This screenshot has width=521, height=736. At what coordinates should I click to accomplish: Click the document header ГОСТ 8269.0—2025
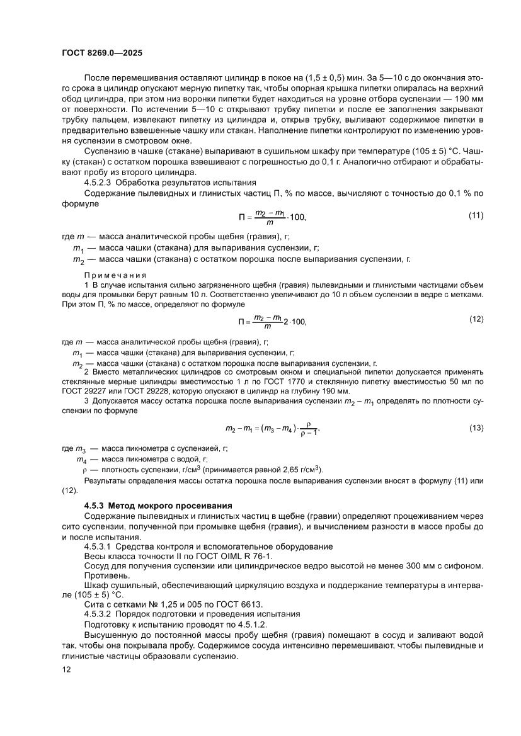pyautogui.click(x=106, y=54)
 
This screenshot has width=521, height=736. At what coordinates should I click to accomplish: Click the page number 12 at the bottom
pyautogui.click(x=67, y=669)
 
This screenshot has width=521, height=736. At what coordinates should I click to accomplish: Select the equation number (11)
pyautogui.click(x=476, y=216)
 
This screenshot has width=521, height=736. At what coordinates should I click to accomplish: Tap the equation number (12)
pyautogui.click(x=476, y=319)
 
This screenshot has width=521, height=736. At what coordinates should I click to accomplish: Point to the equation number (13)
pyautogui.click(x=476, y=428)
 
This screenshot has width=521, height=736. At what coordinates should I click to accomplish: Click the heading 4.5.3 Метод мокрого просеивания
pyautogui.click(x=158, y=506)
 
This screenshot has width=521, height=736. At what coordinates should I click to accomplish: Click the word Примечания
pyautogui.click(x=115, y=275)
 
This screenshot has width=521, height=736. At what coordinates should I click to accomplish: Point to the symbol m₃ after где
pyautogui.click(x=81, y=449)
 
